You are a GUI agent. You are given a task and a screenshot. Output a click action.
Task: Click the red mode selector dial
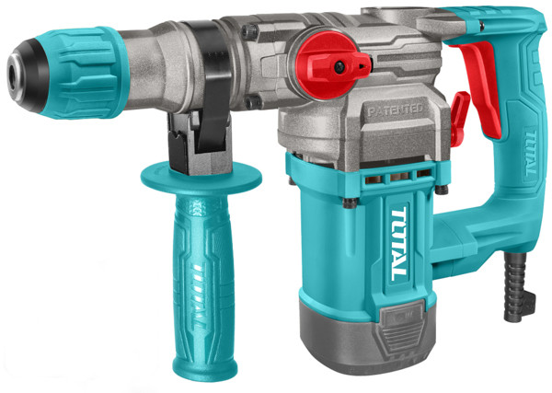pos(331,66)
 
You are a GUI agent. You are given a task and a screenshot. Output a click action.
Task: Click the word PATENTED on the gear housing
pos(396,110)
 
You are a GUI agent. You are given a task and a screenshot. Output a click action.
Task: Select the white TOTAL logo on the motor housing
pos(399,244)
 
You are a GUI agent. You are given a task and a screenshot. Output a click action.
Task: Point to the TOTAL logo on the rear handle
pos(530,153)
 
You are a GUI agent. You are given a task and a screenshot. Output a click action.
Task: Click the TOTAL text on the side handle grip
pos(199,296)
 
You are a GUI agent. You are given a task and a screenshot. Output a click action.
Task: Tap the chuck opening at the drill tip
pos(13,76)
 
